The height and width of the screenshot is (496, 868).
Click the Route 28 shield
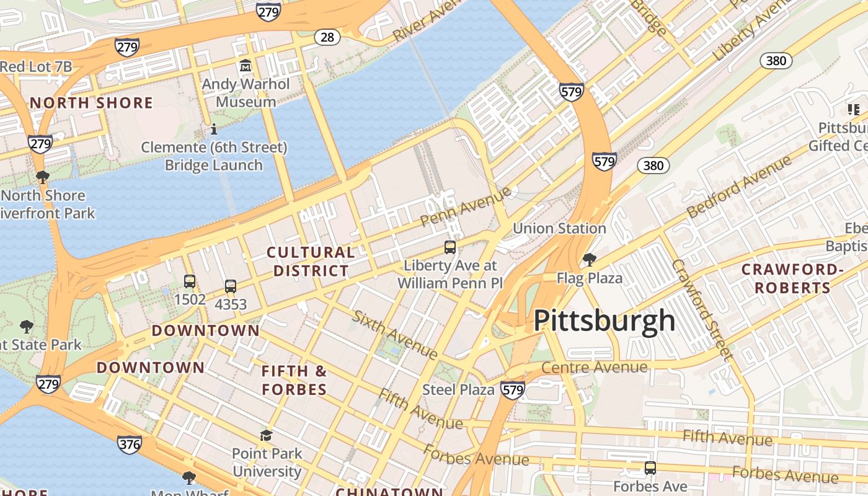[327, 37]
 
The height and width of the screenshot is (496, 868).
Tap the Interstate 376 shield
[129, 444]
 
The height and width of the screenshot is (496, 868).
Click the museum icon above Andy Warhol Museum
[246, 65]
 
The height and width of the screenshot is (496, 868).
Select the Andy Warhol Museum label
[246, 93]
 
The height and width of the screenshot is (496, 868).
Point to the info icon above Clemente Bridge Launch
[214, 130]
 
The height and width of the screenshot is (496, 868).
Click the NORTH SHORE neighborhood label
[91, 103]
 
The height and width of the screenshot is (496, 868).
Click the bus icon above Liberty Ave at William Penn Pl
[450, 247]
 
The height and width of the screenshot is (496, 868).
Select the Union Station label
[559, 228]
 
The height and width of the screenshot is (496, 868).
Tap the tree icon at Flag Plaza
[589, 259]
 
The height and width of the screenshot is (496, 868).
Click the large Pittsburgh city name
[604, 321]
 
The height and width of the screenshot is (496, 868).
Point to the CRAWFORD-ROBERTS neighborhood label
[793, 279]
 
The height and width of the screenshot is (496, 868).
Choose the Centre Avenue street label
[595, 367]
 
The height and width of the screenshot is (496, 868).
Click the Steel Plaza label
[458, 390]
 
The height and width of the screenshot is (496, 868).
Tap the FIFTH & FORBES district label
[294, 380]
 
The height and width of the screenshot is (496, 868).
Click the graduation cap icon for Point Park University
[267, 436]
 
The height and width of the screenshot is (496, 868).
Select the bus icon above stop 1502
[190, 281]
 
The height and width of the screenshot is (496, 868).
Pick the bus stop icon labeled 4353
[231, 286]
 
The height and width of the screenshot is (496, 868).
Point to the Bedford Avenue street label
[739, 187]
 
